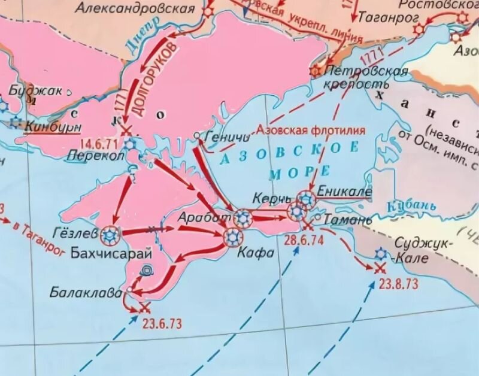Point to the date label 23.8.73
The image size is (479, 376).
(399, 284)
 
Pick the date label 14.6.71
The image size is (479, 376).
(98, 142)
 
